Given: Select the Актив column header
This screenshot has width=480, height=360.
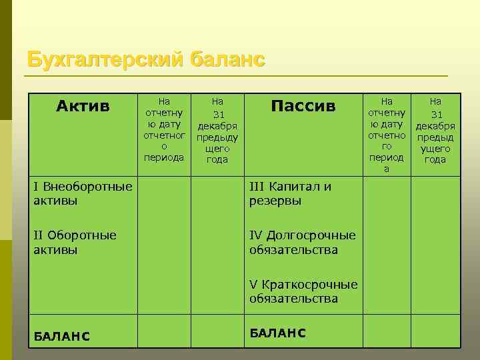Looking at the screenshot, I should (83, 106).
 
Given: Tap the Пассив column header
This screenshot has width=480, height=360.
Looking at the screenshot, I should (303, 106).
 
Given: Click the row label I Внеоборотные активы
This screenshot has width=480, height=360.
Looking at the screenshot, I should (82, 193).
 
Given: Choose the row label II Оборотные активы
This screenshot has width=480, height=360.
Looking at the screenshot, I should (74, 243).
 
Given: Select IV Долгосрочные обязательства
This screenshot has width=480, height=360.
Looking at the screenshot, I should (302, 243).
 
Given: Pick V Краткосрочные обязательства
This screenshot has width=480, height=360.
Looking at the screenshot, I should (303, 291).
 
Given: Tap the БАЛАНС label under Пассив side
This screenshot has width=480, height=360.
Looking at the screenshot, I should (277, 333).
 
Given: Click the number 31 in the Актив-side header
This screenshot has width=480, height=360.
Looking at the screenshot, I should (217, 115).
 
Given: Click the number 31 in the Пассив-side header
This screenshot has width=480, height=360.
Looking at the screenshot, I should (436, 115).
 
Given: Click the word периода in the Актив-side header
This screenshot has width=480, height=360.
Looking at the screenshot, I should (164, 157).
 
